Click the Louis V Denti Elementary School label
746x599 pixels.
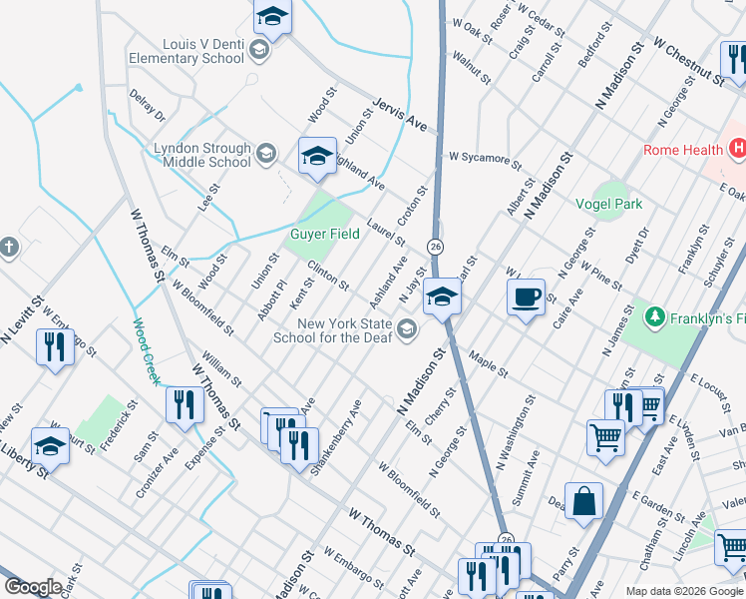(186, 51)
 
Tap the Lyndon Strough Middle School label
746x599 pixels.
(202, 155)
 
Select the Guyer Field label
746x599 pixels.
(325, 235)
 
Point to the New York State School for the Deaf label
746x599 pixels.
(333, 329)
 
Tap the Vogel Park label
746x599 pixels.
(609, 204)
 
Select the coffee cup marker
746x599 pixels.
(526, 296)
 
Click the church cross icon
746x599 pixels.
(8, 247)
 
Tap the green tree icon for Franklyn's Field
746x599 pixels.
(654, 317)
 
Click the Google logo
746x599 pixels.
(33, 587)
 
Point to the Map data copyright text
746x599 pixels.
(684, 590)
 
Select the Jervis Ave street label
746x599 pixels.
(400, 116)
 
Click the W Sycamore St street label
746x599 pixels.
(485, 158)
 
